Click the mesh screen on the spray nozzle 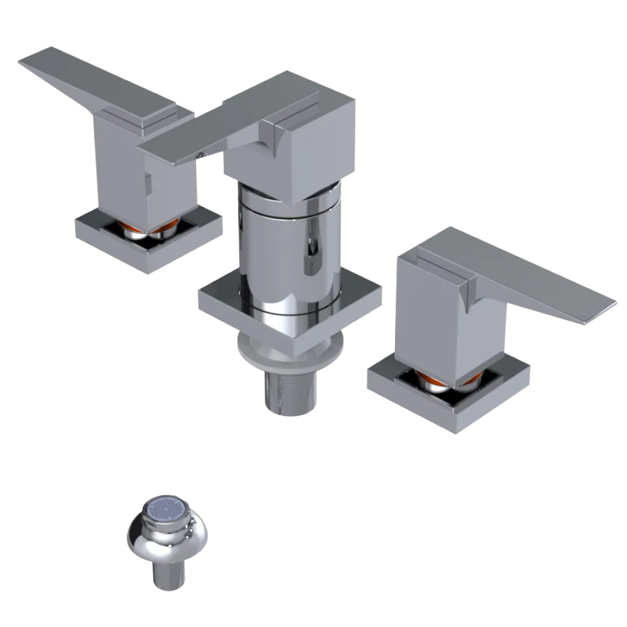167,512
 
